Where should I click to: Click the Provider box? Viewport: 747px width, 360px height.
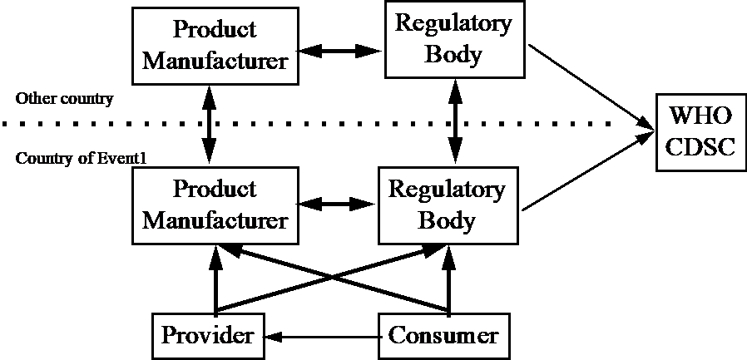click(x=207, y=335)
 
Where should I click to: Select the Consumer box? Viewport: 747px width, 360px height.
click(x=443, y=335)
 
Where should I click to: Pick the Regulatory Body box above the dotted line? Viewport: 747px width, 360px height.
click(x=453, y=39)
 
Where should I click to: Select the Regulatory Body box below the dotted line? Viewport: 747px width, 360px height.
click(x=448, y=205)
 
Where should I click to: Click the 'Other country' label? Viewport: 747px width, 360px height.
click(x=63, y=99)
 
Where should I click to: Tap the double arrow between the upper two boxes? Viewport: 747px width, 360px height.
click(x=339, y=52)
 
